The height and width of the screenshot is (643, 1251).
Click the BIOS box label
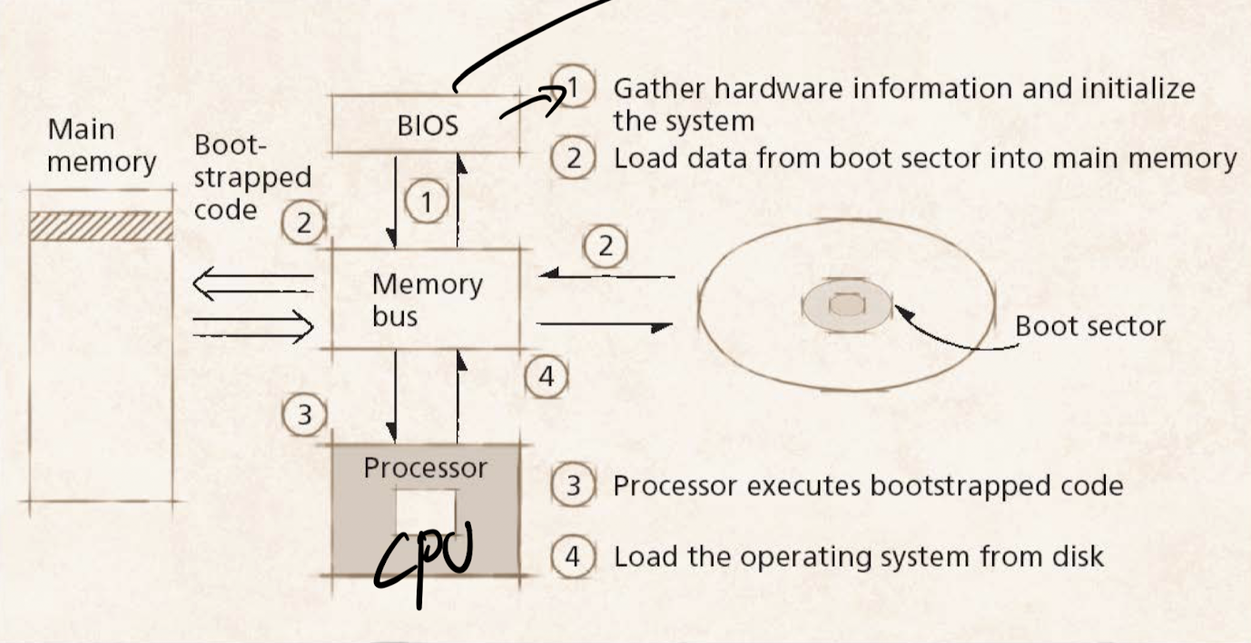(x=428, y=125)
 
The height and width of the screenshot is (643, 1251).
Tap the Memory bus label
(x=426, y=300)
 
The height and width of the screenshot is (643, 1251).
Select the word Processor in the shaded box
(x=425, y=468)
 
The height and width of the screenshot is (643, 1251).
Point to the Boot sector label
(x=1089, y=325)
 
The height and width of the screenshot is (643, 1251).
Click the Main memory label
(x=101, y=145)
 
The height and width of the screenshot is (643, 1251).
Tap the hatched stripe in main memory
(x=101, y=226)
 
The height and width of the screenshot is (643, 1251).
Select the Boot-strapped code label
(x=251, y=177)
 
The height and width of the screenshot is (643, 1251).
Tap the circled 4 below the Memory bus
(x=547, y=376)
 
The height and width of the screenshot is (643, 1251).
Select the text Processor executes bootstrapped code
(x=868, y=486)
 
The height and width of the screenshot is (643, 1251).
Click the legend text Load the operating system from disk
(x=858, y=555)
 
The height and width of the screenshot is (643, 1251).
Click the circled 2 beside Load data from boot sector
(x=573, y=158)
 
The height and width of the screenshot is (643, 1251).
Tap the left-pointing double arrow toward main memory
(x=252, y=287)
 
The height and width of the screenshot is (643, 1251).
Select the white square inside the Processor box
(x=426, y=509)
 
